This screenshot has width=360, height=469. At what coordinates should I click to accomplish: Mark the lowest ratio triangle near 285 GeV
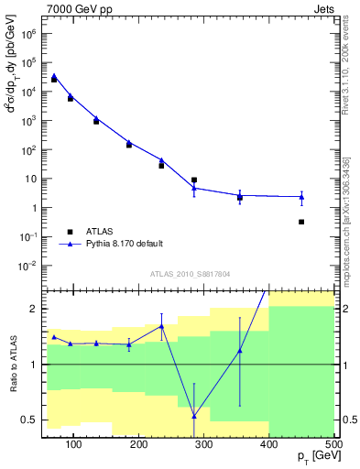click(x=194, y=416)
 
